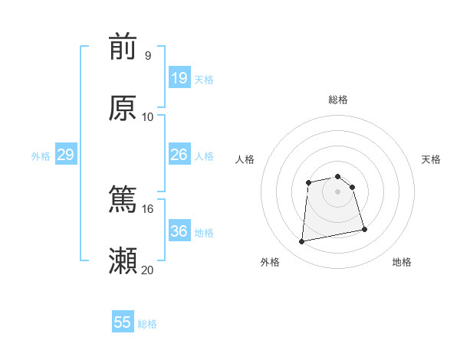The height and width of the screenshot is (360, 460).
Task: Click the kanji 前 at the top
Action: click(123, 47)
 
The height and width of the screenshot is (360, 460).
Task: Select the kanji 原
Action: click(123, 108)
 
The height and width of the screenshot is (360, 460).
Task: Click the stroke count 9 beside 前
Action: click(147, 55)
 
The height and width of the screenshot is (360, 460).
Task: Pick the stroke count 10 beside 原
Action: click(148, 116)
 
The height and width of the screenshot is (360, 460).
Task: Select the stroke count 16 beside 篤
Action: click(148, 208)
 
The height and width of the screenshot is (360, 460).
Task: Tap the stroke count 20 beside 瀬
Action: click(148, 270)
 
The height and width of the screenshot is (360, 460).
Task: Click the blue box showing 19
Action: click(179, 78)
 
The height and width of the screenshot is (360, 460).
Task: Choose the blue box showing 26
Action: click(179, 155)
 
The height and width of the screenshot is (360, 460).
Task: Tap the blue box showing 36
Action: click(179, 231)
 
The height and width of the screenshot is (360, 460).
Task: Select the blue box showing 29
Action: click(65, 155)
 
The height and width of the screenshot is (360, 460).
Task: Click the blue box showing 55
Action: click(123, 322)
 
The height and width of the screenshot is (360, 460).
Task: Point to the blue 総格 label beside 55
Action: click(147, 324)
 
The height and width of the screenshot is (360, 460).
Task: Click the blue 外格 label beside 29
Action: click(41, 156)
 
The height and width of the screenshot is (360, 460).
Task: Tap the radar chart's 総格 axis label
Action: click(337, 100)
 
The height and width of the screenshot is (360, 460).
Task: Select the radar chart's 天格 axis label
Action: click(432, 159)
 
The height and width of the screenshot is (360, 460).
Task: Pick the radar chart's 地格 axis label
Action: click(402, 262)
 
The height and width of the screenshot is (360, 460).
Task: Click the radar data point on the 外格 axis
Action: click(302, 242)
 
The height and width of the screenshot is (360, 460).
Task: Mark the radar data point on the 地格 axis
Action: click(364, 229)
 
